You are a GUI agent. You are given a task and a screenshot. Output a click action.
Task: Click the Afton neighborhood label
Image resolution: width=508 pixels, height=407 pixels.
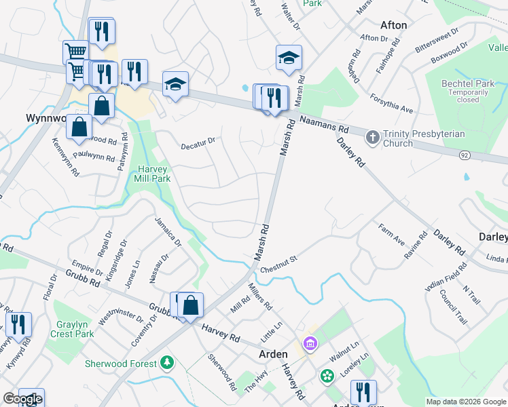pos(394,25)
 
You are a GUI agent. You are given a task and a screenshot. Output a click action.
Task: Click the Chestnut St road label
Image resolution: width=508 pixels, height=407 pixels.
pos(284,259)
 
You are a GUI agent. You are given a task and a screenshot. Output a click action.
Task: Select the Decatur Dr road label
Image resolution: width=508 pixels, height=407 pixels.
pos(198,142)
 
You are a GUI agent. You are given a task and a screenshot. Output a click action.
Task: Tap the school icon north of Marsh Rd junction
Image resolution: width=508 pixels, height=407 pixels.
pos(289,59)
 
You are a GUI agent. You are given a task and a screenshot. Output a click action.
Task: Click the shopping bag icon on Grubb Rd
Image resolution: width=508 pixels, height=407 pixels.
pos(191,305)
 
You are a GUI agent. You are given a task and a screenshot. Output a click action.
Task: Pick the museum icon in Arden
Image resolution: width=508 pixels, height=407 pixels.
pos(310,345)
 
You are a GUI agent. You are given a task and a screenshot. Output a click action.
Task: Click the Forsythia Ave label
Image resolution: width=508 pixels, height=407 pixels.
pos(392,103)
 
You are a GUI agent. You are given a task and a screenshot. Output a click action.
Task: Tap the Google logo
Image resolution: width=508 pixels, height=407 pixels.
pos(22,399)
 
